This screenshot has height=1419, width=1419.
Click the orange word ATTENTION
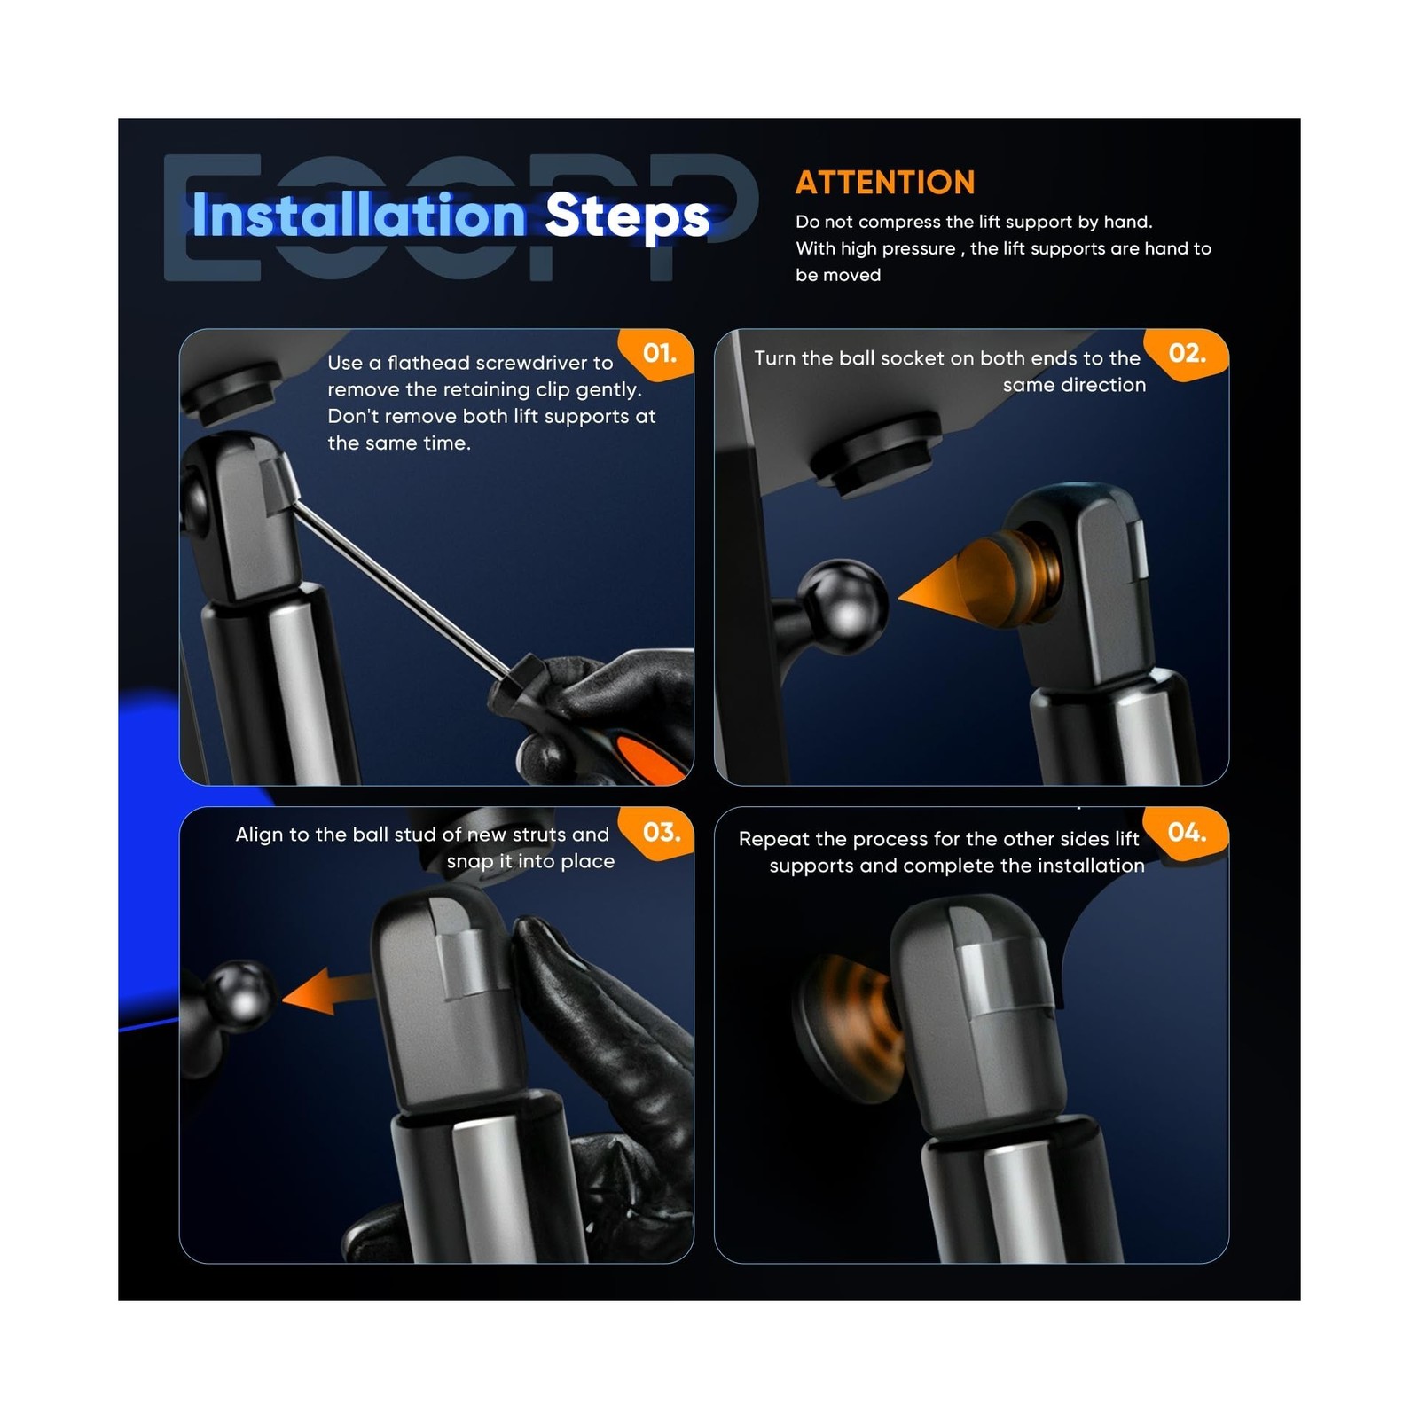885,183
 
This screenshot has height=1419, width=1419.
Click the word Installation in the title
359,216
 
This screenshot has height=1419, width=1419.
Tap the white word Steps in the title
627,217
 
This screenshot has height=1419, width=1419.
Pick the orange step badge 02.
1186,354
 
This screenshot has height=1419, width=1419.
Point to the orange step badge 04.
1187,833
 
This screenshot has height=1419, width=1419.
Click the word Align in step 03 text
259,835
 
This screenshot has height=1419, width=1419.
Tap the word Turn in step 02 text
774,358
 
